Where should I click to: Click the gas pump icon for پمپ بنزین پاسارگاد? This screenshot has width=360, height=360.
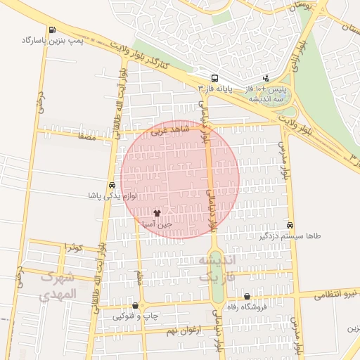click(x=53, y=30)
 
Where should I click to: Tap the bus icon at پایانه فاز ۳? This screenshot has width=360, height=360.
click(x=214, y=79)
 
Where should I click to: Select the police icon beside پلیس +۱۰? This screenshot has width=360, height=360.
click(x=266, y=79)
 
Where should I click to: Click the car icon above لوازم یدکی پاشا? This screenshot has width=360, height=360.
click(x=112, y=186)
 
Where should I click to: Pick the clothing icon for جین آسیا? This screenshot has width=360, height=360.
click(x=157, y=212)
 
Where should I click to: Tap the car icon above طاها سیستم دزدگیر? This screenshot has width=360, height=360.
click(x=290, y=225)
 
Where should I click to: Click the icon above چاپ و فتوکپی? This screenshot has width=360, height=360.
click(x=134, y=306)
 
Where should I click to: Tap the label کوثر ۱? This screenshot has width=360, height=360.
click(x=73, y=247)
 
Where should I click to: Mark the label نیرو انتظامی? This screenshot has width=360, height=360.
click(x=336, y=292)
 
